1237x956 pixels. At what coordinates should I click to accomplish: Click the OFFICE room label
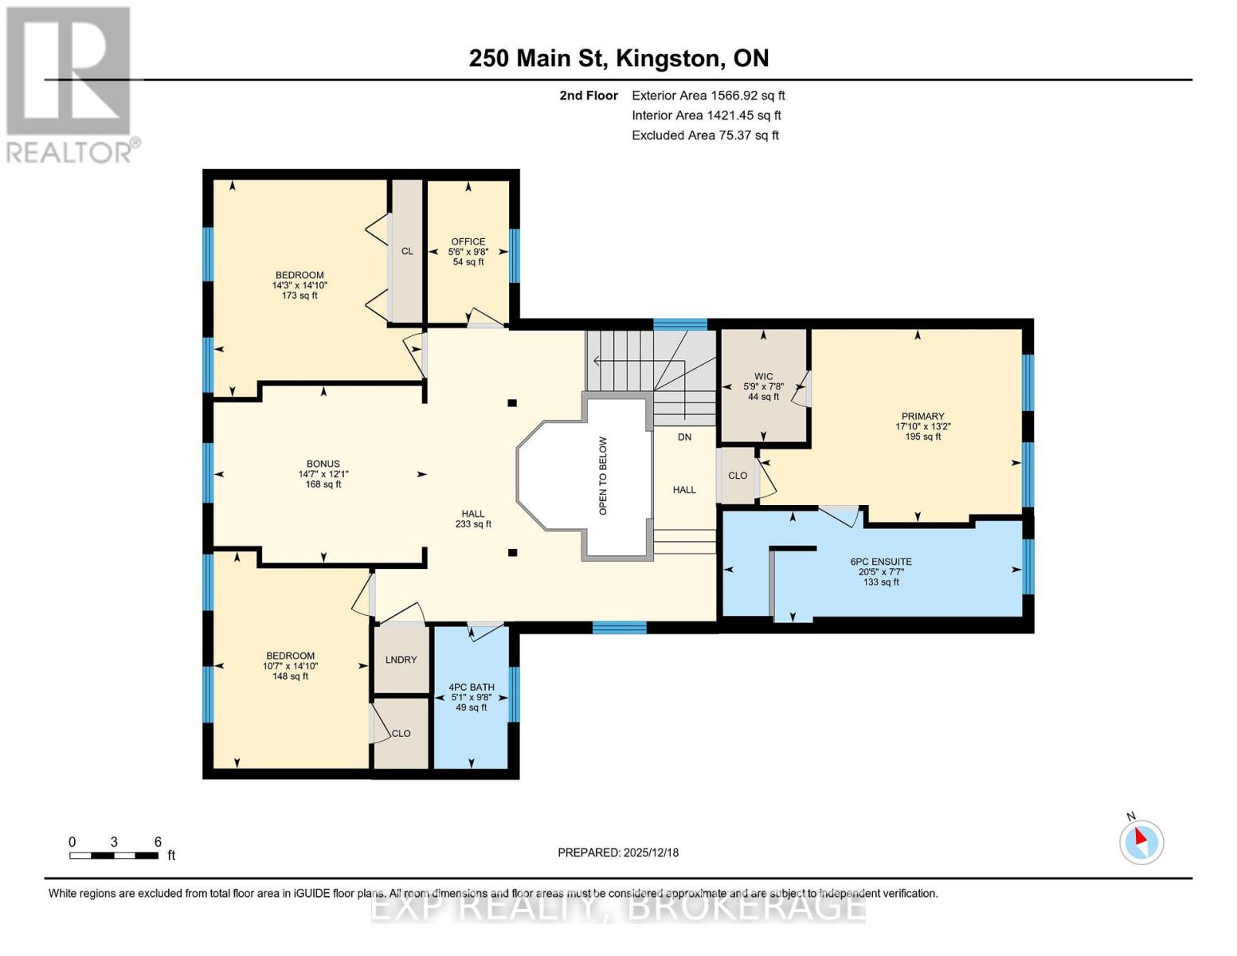468,242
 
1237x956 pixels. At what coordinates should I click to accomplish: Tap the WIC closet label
763,377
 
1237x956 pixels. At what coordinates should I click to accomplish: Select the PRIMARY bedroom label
922,417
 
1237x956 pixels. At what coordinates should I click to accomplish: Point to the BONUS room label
323,464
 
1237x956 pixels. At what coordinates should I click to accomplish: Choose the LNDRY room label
401,660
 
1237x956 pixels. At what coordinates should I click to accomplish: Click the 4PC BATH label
471,688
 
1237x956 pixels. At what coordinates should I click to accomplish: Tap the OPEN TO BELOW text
603,476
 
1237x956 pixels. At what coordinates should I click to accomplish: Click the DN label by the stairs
684,437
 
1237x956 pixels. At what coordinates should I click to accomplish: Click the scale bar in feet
113,856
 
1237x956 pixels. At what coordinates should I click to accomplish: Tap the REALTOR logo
70,84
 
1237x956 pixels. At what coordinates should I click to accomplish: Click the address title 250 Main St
618,58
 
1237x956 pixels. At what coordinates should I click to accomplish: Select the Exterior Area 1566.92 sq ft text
708,96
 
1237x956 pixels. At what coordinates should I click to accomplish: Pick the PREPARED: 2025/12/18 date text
618,852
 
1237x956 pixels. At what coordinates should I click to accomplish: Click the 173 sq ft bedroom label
299,285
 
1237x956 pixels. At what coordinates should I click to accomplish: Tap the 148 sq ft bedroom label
290,666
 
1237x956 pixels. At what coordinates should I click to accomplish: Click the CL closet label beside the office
407,252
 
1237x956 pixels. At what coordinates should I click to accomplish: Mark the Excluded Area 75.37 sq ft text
705,135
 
